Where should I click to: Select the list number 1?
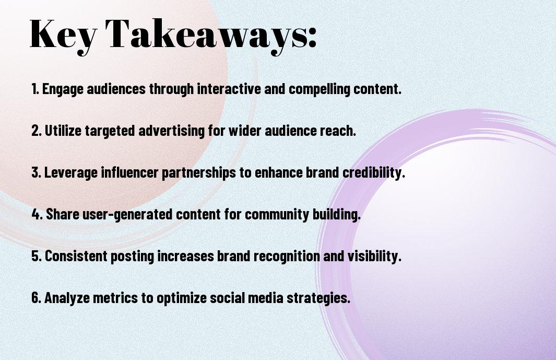tap(35, 89)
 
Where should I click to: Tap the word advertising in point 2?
tap(172, 131)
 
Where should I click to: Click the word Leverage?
tap(70, 173)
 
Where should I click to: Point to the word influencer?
tap(130, 172)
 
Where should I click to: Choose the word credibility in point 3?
tap(373, 173)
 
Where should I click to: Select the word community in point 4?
tap(277, 215)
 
